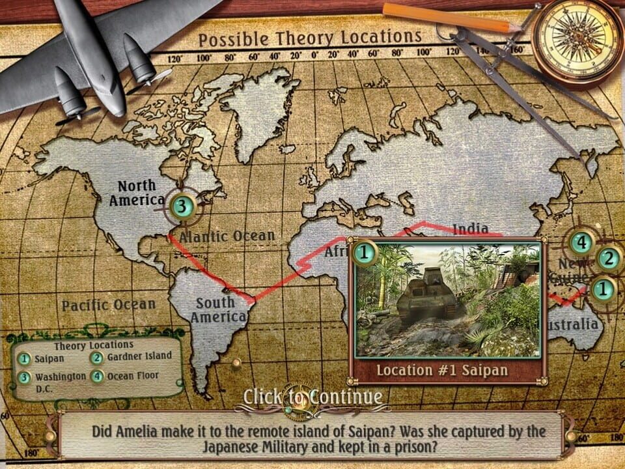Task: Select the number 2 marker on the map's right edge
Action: [x=608, y=259]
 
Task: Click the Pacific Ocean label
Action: [x=109, y=304]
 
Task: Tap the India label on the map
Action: [x=470, y=228]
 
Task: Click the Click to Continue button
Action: [x=312, y=396]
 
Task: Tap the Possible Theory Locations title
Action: [x=310, y=38]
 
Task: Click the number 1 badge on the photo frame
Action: [x=365, y=251]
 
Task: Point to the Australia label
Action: [x=574, y=324]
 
